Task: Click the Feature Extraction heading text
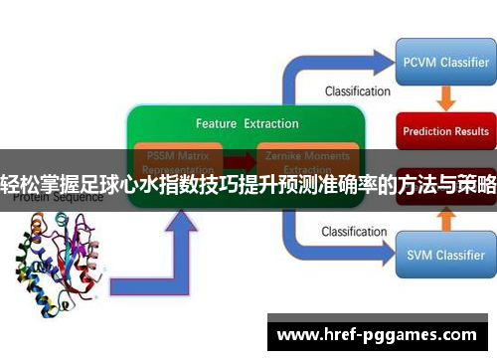pyautogui.click(x=247, y=124)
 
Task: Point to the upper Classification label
pyautogui.click(x=357, y=91)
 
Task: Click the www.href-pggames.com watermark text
pyautogui.click(x=380, y=333)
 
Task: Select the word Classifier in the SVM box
pyautogui.click(x=459, y=256)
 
